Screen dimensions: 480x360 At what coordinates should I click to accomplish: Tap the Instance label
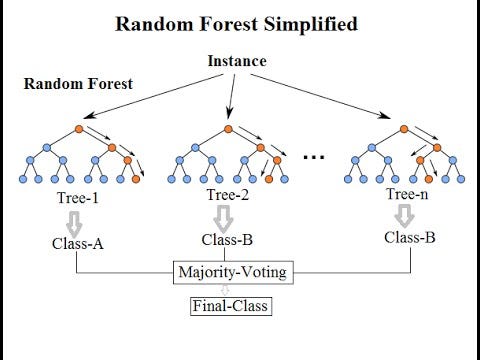coord(237,61)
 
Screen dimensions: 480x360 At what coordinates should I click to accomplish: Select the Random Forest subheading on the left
coord(78,84)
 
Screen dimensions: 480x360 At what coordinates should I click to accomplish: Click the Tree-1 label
coord(78,198)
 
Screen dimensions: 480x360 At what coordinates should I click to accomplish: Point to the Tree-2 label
coord(228,195)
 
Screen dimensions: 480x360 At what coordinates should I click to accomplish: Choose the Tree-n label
coord(407,194)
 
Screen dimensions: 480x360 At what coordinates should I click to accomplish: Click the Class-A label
coord(78,244)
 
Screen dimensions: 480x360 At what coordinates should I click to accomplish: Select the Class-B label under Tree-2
coord(227,240)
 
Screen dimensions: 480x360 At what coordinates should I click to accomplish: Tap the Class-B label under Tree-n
coord(410,238)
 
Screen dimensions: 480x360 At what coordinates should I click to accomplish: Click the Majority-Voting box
coord(233,272)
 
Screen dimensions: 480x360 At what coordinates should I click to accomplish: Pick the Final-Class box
coord(231,306)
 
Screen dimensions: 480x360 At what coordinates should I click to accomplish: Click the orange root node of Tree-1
coord(79,129)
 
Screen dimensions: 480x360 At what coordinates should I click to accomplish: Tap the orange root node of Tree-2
coord(228,129)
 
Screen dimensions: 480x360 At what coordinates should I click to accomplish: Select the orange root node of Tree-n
coord(404,129)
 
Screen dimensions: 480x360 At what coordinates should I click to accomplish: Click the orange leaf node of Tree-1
coord(136,179)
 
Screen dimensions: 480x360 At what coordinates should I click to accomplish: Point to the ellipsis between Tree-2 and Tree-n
coord(314,157)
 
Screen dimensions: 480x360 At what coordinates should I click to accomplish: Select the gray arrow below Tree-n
coord(404,216)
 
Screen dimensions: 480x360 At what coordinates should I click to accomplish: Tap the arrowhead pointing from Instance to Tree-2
coord(229,114)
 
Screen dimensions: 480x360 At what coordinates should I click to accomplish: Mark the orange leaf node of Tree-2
coord(269,179)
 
